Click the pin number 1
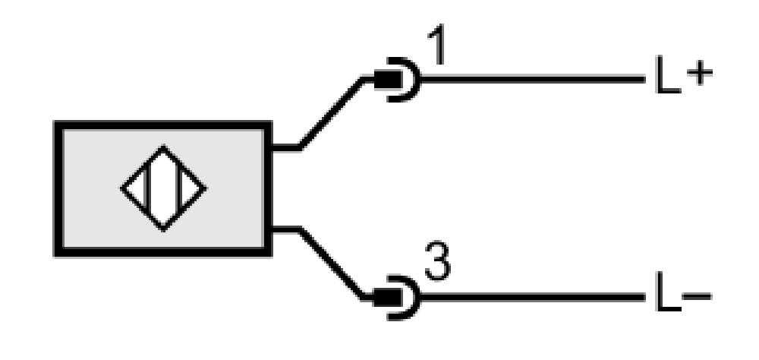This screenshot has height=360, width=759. [x=437, y=45]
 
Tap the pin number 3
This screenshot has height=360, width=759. [x=438, y=261]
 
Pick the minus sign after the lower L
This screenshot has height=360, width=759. [x=697, y=296]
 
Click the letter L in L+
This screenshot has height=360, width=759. [x=668, y=74]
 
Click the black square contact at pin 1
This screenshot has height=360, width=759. [x=388, y=80]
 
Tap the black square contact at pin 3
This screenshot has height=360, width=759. [x=388, y=297]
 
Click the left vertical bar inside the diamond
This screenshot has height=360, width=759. [x=148, y=188]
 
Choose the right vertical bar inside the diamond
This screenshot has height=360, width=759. [x=180, y=188]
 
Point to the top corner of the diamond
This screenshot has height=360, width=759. [x=164, y=146]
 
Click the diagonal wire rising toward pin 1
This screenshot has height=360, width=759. [x=331, y=113]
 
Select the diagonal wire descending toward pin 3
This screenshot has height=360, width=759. [x=331, y=263]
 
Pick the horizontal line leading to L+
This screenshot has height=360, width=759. [x=533, y=80]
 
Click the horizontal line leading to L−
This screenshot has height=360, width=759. [x=533, y=297]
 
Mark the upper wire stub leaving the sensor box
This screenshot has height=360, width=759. [x=285, y=147]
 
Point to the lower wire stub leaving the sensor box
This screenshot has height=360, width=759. [x=285, y=229]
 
